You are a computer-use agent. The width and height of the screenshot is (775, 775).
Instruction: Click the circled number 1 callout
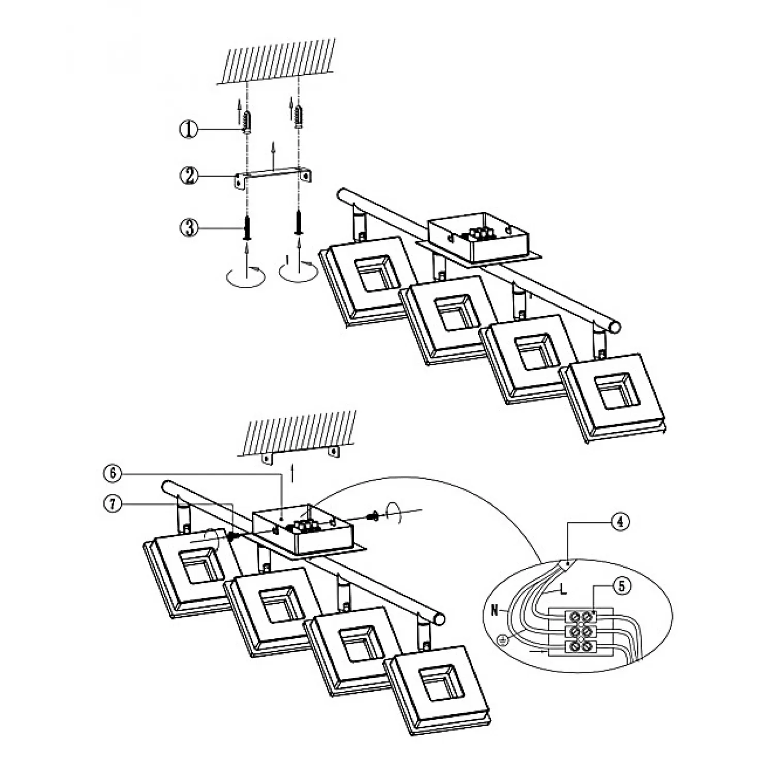189,129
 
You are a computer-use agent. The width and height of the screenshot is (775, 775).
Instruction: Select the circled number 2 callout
189,176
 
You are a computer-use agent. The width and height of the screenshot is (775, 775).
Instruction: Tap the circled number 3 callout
189,227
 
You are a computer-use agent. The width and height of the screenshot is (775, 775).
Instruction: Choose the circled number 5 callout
622,585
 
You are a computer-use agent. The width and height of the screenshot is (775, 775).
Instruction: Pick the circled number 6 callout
114,472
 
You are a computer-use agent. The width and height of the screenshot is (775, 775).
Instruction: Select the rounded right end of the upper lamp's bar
614,327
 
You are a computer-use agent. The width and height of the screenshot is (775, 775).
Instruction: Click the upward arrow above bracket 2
273,154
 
